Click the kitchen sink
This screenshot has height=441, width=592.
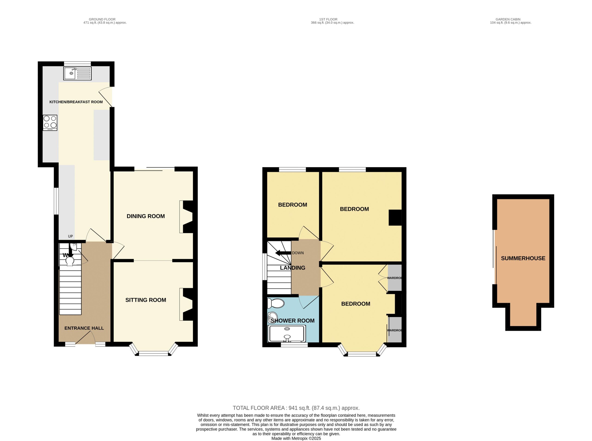[x=77, y=73]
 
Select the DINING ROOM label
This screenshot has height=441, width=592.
[x=146, y=216]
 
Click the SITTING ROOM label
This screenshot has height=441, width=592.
[x=146, y=300]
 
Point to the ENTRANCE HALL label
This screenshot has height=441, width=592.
[x=84, y=328]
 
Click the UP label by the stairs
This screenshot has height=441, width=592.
[x=70, y=236]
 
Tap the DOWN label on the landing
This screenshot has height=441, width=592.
[x=298, y=253]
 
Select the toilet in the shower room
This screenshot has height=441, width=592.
[x=276, y=304]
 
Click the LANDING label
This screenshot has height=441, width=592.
[x=293, y=268]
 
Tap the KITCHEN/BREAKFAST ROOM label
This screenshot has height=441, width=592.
[x=76, y=102]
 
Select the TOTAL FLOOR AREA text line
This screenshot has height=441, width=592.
[x=296, y=408]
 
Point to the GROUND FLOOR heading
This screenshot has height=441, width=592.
[x=102, y=19]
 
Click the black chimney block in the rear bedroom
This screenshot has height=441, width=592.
[x=395, y=218]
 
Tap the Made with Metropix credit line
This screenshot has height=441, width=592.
[x=296, y=438]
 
